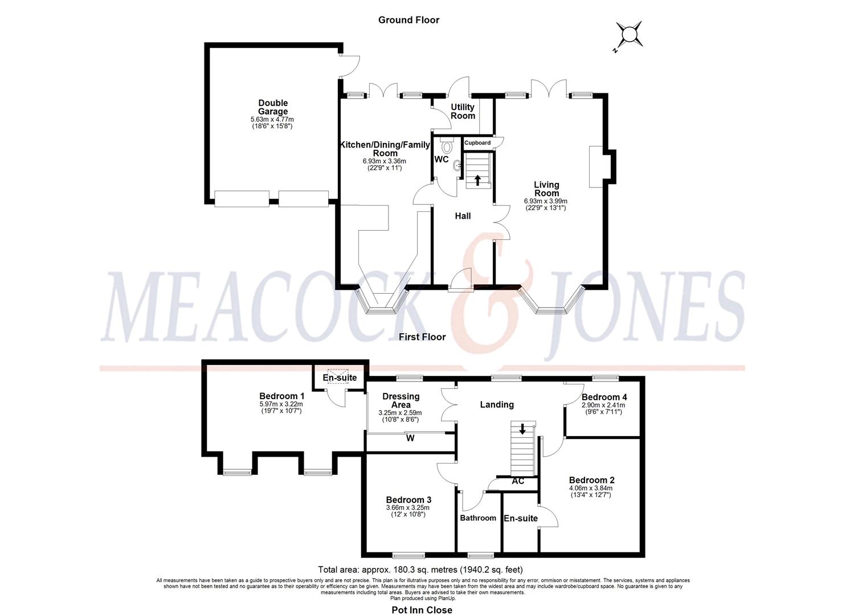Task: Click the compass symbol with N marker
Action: point(629,35)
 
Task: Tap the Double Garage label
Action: point(273,107)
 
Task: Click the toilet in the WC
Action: point(446,146)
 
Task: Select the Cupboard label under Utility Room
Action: point(477,143)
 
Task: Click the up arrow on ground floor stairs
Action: point(477,180)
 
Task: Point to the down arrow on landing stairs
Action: point(522,430)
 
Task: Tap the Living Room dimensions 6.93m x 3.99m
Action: point(546,201)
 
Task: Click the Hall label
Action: point(463,216)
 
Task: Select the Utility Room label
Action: point(463,111)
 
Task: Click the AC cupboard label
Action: point(518,481)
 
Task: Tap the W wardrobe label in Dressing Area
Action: point(410,438)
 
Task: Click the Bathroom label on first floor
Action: point(478,518)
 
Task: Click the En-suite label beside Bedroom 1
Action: point(340,378)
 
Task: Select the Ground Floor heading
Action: point(408,20)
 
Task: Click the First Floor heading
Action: point(422,337)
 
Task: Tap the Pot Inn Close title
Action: point(422,610)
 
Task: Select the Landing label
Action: point(497,404)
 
